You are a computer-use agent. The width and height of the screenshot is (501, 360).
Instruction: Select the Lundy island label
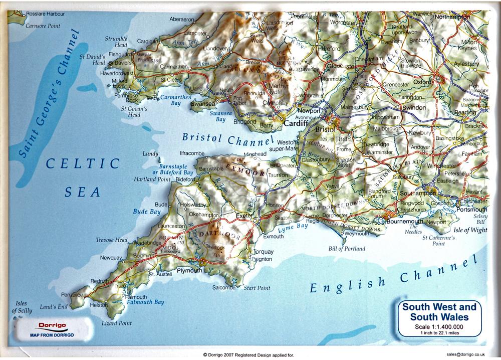[150, 153]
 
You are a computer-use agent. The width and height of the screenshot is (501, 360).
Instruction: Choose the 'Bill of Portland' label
[347, 249]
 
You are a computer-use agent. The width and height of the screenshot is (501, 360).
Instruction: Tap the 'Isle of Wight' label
[470, 230]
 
